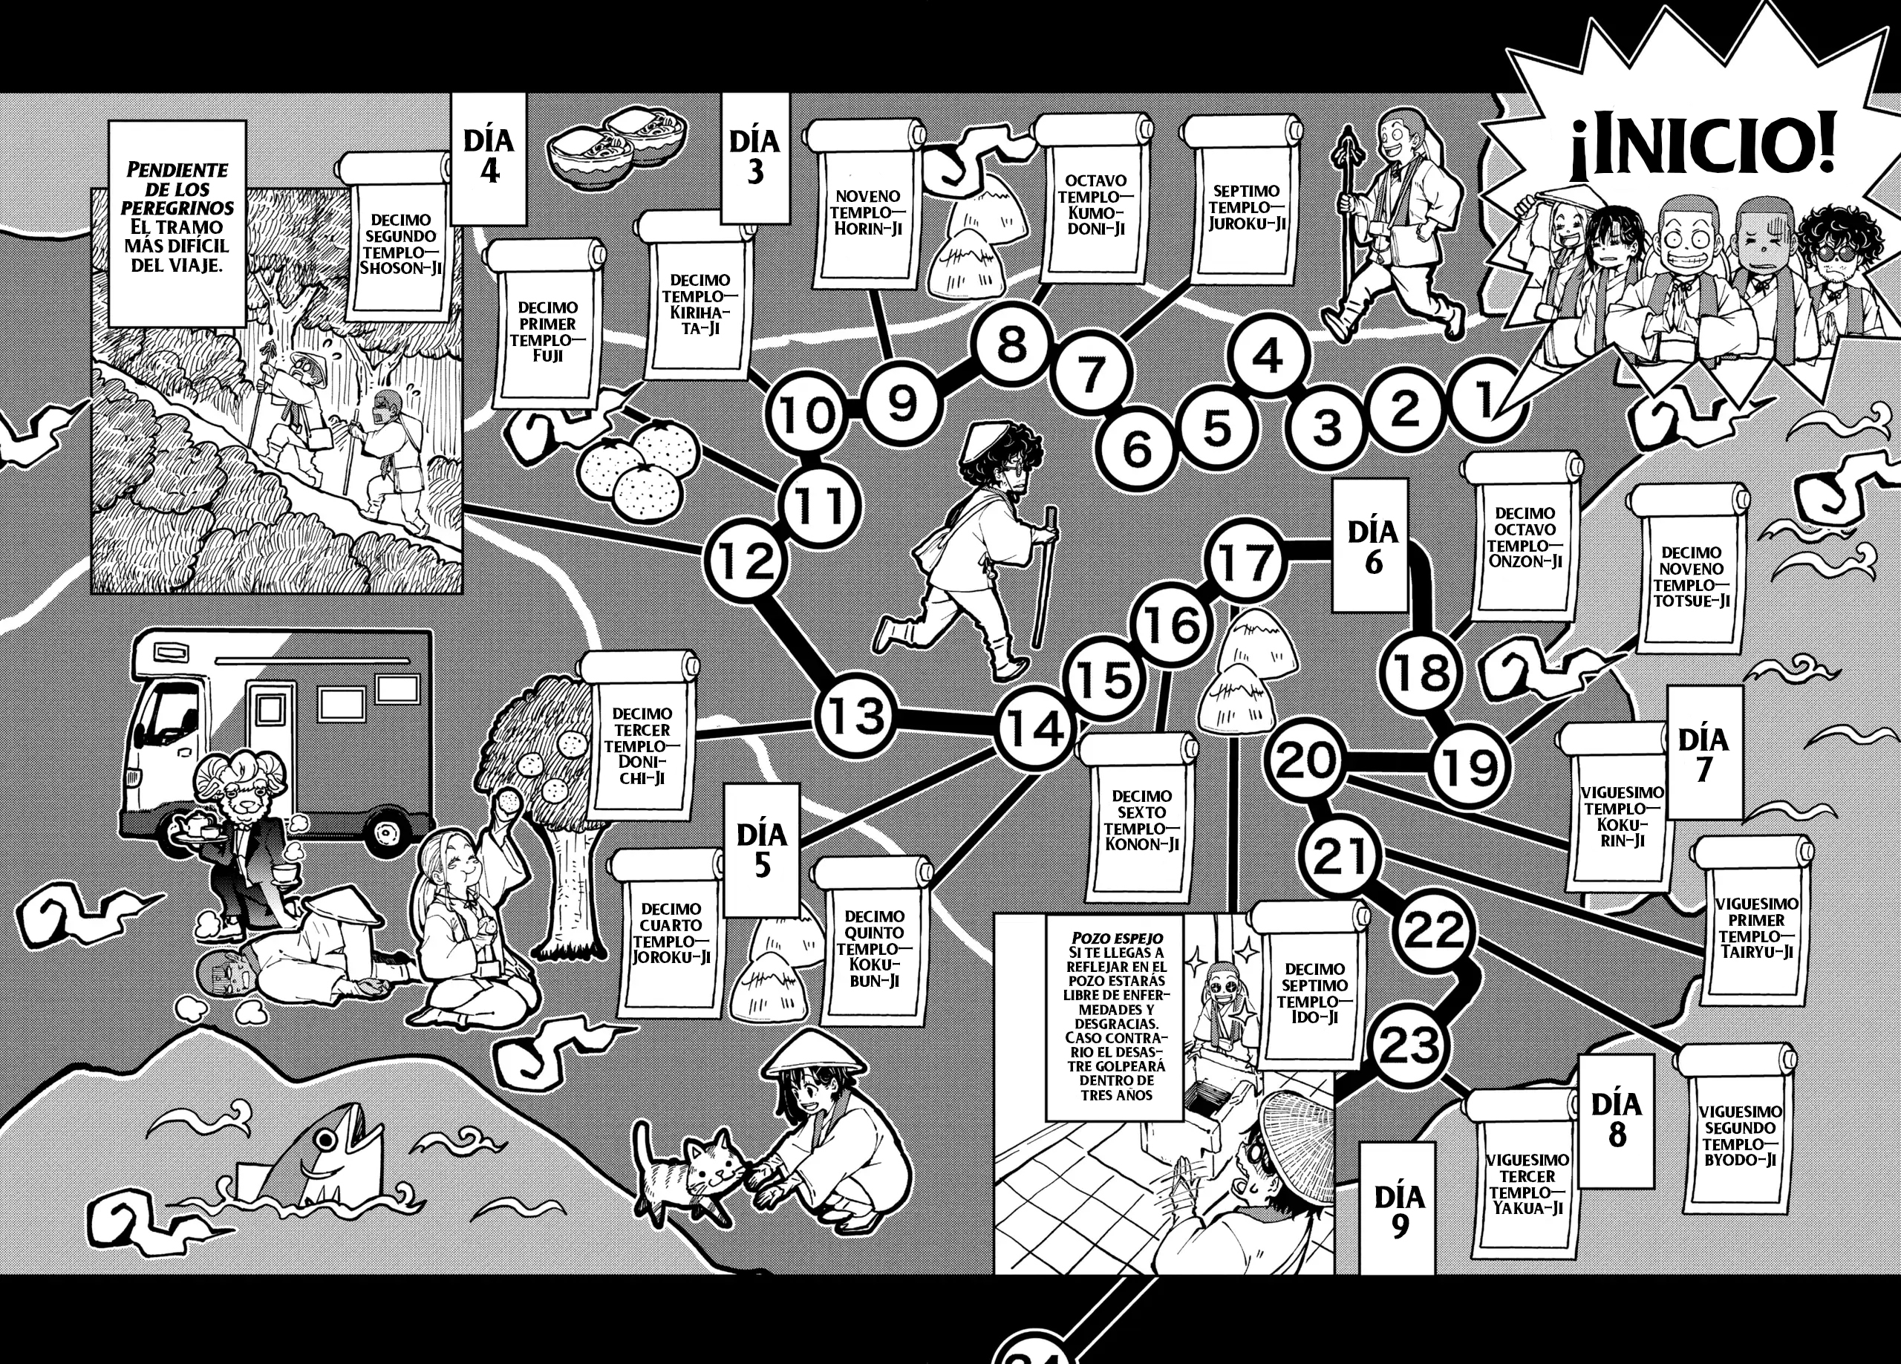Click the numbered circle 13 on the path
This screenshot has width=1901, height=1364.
click(x=852, y=716)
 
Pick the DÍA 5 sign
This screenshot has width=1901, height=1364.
click(x=761, y=850)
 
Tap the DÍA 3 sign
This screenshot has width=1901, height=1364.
click(x=754, y=157)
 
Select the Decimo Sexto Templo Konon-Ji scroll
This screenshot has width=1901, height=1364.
click(x=1138, y=818)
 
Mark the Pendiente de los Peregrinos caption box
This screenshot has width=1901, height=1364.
click(x=176, y=223)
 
